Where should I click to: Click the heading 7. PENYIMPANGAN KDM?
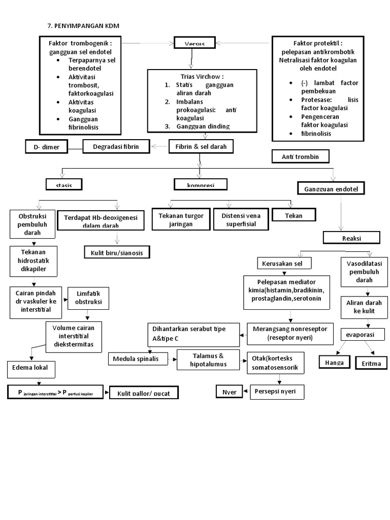(x=83, y=26)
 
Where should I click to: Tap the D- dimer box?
(x=47, y=147)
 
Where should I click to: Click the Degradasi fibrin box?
(x=117, y=147)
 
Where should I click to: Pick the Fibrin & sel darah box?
(x=201, y=147)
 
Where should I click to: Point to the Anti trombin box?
(x=301, y=156)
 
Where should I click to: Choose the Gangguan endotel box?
(x=331, y=189)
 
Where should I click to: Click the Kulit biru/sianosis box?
(x=117, y=252)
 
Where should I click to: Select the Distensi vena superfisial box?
(x=241, y=219)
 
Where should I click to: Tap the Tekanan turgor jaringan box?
(x=181, y=219)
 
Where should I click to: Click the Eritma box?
(x=371, y=364)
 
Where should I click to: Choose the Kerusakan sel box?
(x=283, y=264)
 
